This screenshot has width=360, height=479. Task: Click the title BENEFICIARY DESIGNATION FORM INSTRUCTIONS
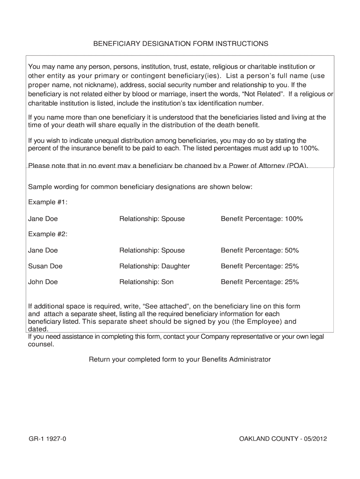pyautogui.click(x=181, y=44)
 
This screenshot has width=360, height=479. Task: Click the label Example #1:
pyautogui.click(x=48, y=202)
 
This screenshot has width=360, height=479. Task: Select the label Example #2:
pyautogui.click(x=48, y=234)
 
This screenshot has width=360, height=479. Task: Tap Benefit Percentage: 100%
pyautogui.click(x=262, y=218)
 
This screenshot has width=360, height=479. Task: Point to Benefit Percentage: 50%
pyautogui.click(x=260, y=250)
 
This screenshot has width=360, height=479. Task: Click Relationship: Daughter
pyautogui.click(x=154, y=266)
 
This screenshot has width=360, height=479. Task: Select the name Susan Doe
pyautogui.click(x=45, y=266)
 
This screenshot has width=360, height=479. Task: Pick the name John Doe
pyautogui.click(x=43, y=282)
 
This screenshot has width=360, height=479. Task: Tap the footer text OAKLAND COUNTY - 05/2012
pyautogui.click(x=282, y=439)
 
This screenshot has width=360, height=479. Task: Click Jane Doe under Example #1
pyautogui.click(x=43, y=218)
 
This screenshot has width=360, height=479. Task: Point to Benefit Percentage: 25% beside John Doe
pyautogui.click(x=260, y=282)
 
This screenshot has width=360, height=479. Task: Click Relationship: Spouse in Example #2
pyautogui.click(x=152, y=250)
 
